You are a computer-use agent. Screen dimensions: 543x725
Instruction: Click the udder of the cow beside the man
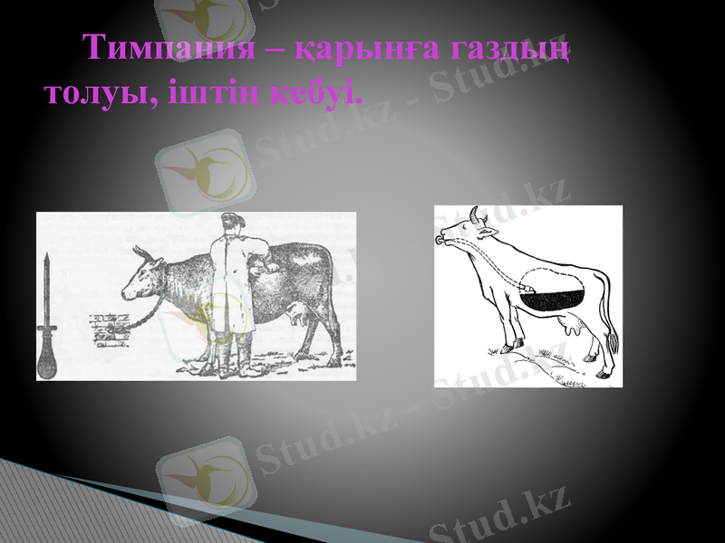pos(297,314)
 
